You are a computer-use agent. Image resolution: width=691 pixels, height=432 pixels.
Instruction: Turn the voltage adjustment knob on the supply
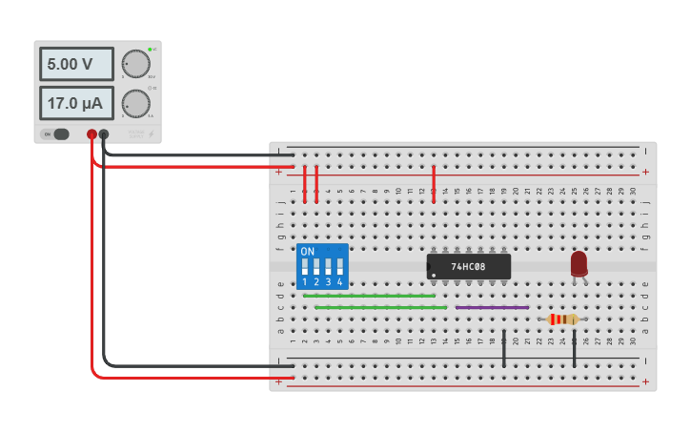pyautogui.click(x=136, y=64)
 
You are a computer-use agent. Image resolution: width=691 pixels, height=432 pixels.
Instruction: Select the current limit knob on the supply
pyautogui.click(x=136, y=103)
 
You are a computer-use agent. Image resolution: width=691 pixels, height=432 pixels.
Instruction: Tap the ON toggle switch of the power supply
pyautogui.click(x=59, y=134)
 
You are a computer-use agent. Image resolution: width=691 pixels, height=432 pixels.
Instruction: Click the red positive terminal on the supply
pyautogui.click(x=91, y=134)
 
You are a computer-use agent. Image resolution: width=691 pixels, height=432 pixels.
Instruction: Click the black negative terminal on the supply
pyautogui.click(x=104, y=134)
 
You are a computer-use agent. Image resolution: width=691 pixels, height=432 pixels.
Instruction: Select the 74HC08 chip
pyautogui.click(x=469, y=266)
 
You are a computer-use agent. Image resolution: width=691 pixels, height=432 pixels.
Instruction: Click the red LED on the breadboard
pyautogui.click(x=579, y=263)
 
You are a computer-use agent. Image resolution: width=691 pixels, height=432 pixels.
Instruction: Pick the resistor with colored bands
pyautogui.click(x=563, y=319)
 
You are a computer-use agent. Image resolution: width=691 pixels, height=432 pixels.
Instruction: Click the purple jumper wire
pyautogui.click(x=492, y=307)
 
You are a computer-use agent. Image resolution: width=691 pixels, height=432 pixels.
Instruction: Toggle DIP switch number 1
pyautogui.click(x=305, y=266)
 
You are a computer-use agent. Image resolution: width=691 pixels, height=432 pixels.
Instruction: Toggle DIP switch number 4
pyautogui.click(x=339, y=266)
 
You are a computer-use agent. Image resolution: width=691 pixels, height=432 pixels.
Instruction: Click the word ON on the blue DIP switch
pyautogui.click(x=307, y=252)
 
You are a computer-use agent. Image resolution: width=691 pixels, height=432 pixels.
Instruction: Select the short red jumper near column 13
pyautogui.click(x=434, y=183)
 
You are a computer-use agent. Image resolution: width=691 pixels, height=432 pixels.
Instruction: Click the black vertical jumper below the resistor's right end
pyautogui.click(x=575, y=348)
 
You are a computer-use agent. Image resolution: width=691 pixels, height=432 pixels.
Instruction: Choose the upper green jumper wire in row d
pyautogui.click(x=369, y=296)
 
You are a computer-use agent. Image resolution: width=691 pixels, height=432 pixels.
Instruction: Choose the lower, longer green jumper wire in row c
pyautogui.click(x=380, y=307)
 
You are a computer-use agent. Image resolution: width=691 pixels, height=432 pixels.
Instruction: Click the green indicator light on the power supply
pyautogui.click(x=150, y=48)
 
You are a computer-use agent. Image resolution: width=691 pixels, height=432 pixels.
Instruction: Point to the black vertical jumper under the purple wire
pyautogui.click(x=504, y=348)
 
